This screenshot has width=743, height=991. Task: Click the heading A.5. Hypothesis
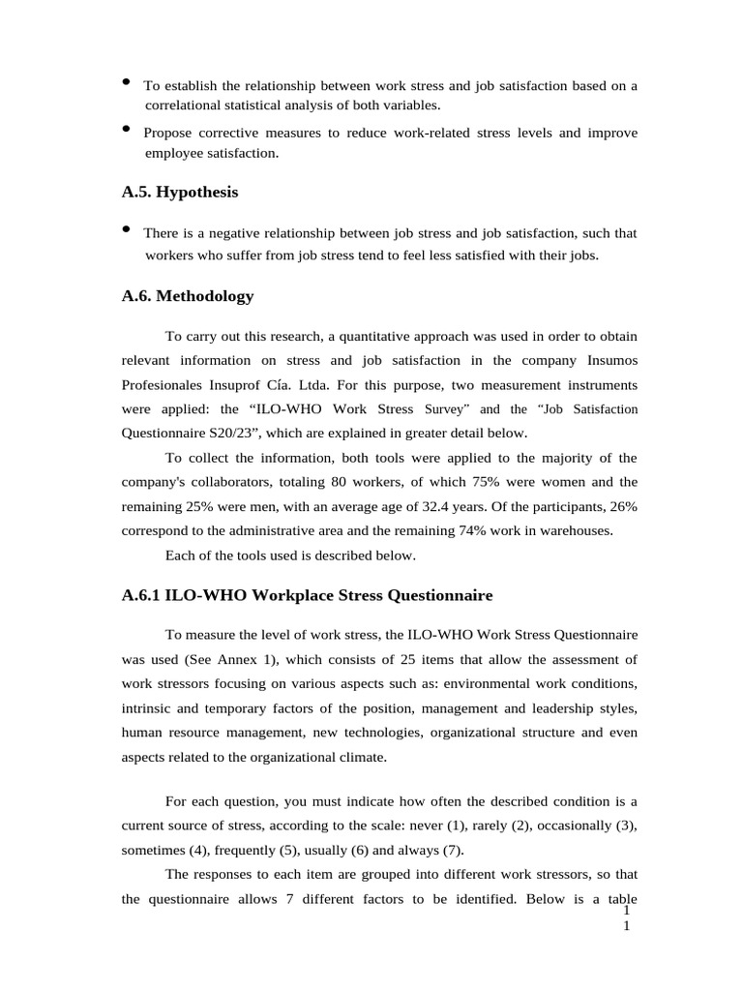point(180,193)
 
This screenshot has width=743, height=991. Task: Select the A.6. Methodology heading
point(188,296)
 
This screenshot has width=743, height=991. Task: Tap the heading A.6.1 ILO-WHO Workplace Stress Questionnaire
point(308,594)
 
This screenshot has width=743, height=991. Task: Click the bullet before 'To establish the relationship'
point(127,82)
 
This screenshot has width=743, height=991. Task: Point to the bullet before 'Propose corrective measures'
point(127,129)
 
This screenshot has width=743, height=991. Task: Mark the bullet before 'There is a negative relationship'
point(127,229)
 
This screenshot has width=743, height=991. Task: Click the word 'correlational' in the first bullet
point(183,105)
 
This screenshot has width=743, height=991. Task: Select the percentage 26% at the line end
point(621,506)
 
